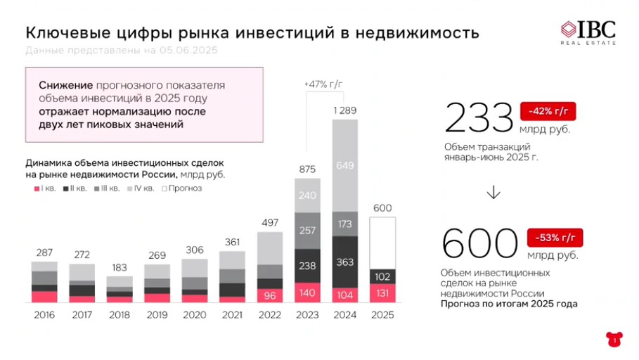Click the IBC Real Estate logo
588,32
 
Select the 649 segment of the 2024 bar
345,165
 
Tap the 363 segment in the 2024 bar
345,262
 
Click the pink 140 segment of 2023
307,292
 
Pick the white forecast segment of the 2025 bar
382,243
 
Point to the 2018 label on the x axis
119,314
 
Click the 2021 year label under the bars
232,314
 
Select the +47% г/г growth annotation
323,84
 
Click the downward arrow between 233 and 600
493,192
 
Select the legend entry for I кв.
45,188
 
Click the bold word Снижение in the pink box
61,85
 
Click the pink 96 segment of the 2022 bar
269,295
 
